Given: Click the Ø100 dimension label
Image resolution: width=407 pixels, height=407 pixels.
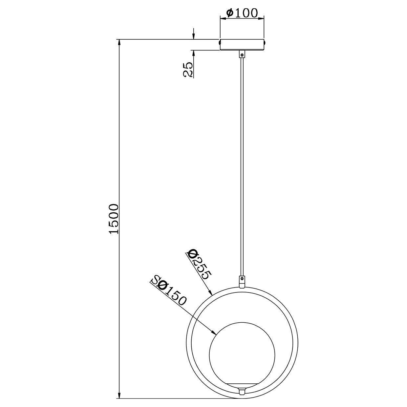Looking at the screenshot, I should (x=242, y=13).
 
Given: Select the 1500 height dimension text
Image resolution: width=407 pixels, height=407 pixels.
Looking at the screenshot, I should (x=114, y=219).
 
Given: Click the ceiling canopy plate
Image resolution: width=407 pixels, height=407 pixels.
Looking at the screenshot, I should (x=242, y=45).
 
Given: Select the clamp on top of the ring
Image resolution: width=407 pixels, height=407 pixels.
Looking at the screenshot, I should (x=242, y=281).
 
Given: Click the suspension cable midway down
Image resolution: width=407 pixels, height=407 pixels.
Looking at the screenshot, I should (x=242, y=164).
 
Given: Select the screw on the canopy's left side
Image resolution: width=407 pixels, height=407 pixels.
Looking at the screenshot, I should (x=219, y=42).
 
